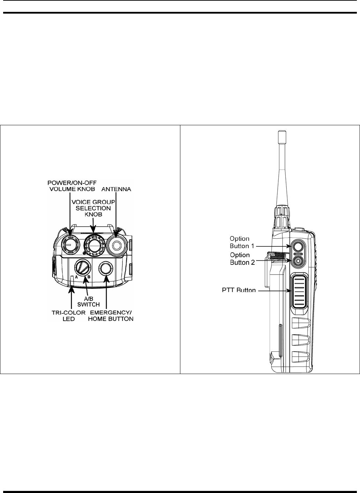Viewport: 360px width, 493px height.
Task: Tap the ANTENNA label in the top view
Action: click(116, 189)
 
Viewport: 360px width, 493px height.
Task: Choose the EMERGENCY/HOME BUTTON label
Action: click(114, 315)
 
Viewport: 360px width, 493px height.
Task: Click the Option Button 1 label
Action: click(240, 242)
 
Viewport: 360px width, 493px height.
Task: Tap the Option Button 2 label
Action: click(240, 259)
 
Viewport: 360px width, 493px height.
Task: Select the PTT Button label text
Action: click(239, 290)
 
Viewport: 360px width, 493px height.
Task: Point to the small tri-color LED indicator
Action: click(72, 278)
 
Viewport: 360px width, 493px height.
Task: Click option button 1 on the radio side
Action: click(297, 247)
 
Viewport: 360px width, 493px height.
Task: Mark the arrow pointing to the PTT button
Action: click(272, 290)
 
